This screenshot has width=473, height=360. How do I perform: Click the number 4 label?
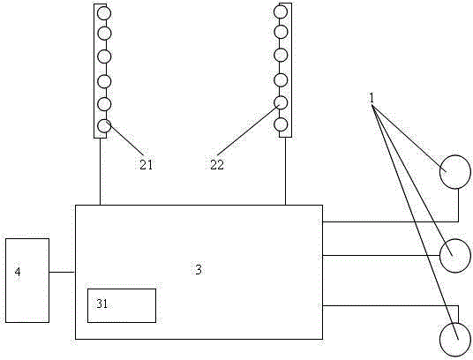pos(18,272)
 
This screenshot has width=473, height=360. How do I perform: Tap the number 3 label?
pos(199,269)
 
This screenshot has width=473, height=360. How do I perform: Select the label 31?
pos(102,304)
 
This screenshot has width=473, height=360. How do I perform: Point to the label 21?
pos(146,165)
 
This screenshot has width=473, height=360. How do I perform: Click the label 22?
pos(217,165)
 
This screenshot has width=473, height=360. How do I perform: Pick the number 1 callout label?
pos(372,98)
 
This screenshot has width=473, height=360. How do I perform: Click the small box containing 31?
pos(122,305)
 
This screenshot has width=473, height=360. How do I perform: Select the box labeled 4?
pos(27,281)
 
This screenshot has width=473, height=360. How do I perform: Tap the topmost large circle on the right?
pos(454,172)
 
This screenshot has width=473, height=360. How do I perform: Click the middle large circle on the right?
pos(454,256)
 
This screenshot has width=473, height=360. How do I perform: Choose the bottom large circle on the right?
pos(454,340)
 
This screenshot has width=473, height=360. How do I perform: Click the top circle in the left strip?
pos(104,13)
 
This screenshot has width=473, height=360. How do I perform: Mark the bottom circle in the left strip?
pos(104,125)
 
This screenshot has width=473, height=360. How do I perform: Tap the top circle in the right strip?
pos(281,11)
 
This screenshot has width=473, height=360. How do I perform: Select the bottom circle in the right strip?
pos(281,124)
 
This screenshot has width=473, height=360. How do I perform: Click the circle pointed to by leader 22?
pos(281,102)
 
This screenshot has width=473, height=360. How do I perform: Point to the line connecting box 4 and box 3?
pos(62,273)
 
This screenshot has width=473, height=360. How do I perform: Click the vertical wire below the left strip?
pos(100,171)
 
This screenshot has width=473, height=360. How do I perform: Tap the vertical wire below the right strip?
pos(285,171)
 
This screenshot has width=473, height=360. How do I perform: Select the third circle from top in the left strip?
pos(104,56)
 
